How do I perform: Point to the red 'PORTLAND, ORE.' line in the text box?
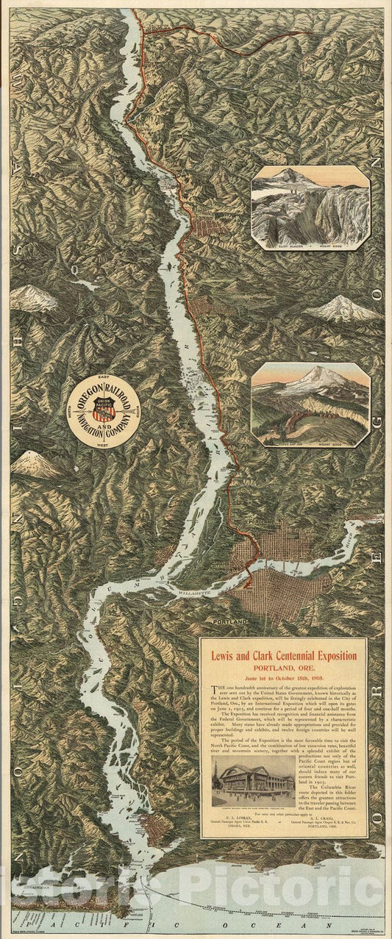[284, 668]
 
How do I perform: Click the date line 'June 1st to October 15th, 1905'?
[284, 679]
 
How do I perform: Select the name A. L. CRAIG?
[327, 817]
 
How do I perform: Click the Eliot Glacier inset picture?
[310, 207]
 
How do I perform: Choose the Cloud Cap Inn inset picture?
[310, 404]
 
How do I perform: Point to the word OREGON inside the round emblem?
[87, 398]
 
